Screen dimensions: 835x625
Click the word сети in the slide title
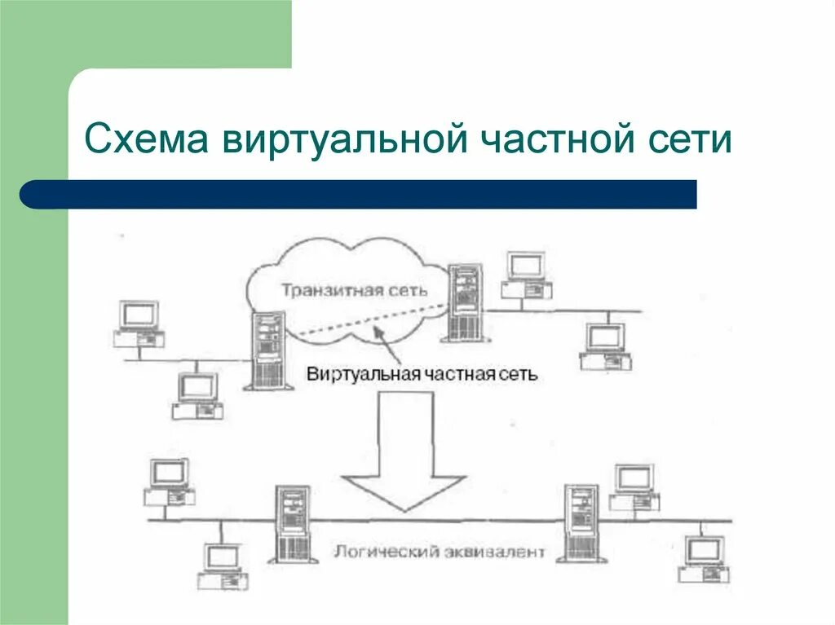(x=691, y=139)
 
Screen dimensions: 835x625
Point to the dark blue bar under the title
(x=359, y=195)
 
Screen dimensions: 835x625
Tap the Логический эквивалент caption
(x=438, y=552)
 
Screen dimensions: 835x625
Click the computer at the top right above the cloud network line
(x=527, y=274)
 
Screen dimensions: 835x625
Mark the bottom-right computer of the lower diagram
(x=702, y=558)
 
